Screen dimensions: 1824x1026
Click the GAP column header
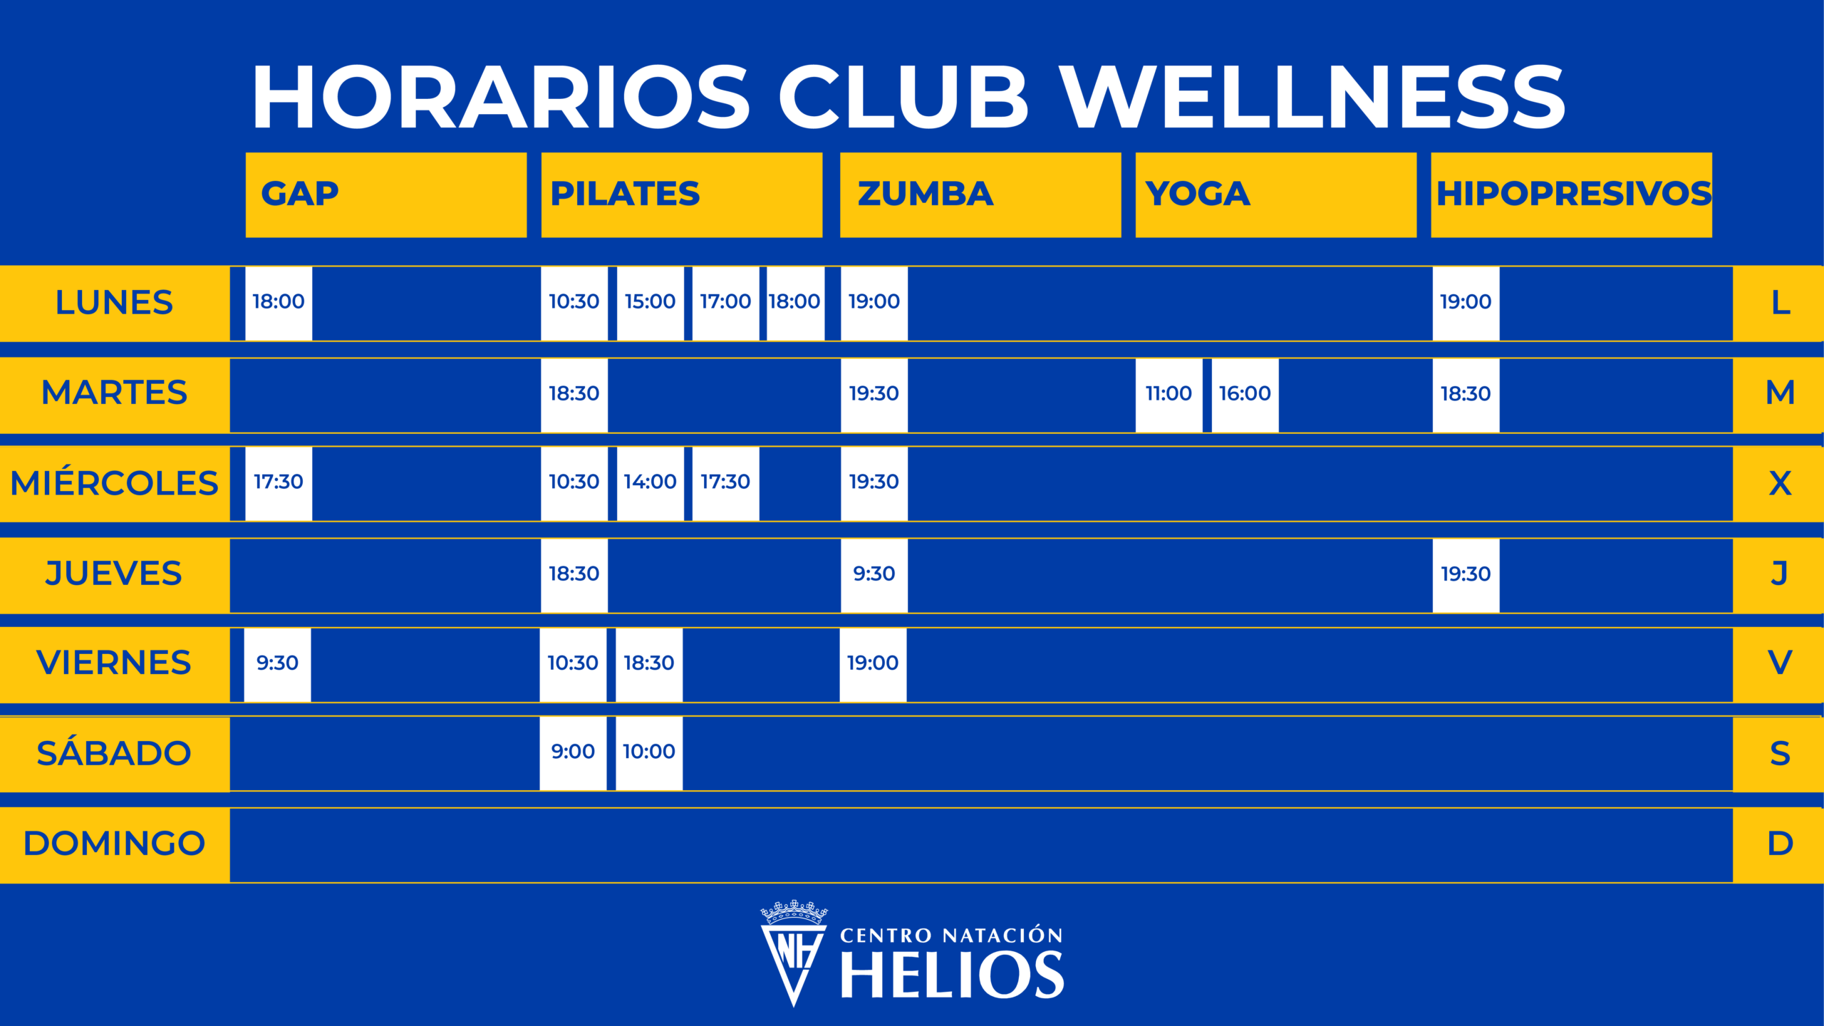386,195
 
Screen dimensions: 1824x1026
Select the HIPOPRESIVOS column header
1571,195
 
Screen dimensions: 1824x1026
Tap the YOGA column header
1275,195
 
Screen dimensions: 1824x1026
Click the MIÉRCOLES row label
114,483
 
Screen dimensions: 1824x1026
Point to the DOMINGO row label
114,844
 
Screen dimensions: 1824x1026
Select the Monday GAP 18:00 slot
279,303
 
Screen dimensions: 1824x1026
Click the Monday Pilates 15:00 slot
650,303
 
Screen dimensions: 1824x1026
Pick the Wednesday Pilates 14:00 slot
650,484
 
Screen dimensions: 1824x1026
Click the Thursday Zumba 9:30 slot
874,575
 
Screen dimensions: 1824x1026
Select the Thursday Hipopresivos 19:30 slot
1466,575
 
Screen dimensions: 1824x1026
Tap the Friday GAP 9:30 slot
277,665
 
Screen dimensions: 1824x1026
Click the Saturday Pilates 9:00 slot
573,753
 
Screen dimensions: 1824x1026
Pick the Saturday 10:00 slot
649,753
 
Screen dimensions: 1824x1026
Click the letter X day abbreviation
1780,484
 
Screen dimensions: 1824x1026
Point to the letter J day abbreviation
1779,574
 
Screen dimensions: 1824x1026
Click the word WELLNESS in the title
1311,97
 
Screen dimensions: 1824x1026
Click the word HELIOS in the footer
953,975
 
